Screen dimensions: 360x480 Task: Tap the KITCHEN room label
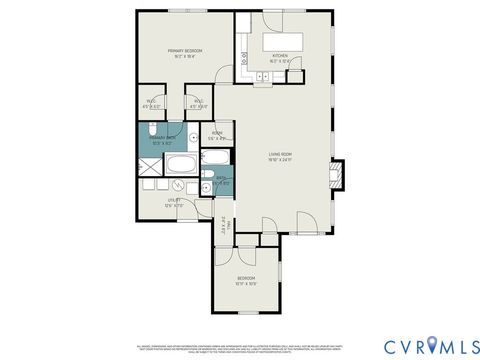click(x=279, y=56)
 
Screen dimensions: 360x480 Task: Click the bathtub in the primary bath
click(x=182, y=163)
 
